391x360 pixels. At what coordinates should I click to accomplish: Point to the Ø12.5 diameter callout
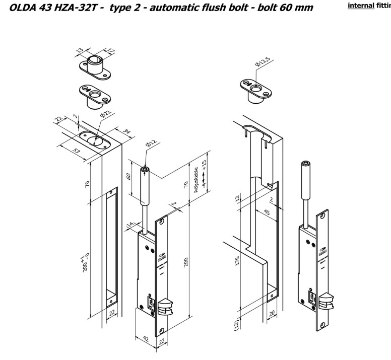click(x=263, y=63)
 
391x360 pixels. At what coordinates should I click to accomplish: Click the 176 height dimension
click(x=237, y=262)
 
